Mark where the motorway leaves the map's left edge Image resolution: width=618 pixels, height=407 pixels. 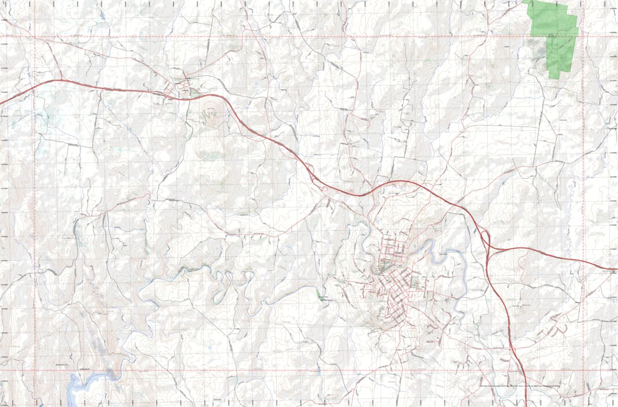coord(2,103)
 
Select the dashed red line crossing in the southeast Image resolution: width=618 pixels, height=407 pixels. coord(583,371)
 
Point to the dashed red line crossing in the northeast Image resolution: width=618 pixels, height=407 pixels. coord(583,36)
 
